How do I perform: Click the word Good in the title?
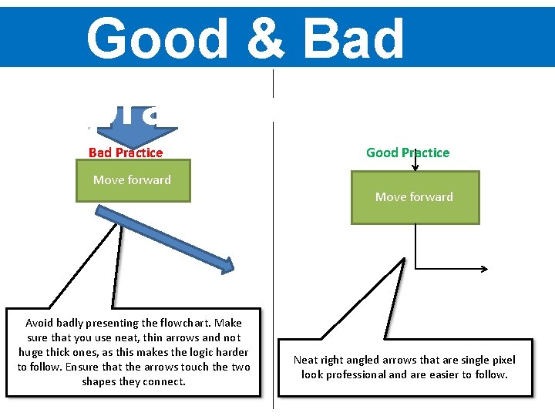(x=157, y=39)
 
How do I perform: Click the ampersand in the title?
(x=273, y=39)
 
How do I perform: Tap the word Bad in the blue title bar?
(x=354, y=39)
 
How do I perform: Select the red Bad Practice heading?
(x=126, y=153)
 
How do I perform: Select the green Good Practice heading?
(x=408, y=153)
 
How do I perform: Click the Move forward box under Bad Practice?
(x=133, y=180)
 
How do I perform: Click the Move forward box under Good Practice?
(x=415, y=197)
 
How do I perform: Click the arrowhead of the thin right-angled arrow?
(x=483, y=269)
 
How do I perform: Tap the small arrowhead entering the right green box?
(x=415, y=165)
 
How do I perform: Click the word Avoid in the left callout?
(x=39, y=323)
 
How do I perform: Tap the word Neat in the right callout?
(x=306, y=360)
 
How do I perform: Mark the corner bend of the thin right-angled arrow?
(x=415, y=269)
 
